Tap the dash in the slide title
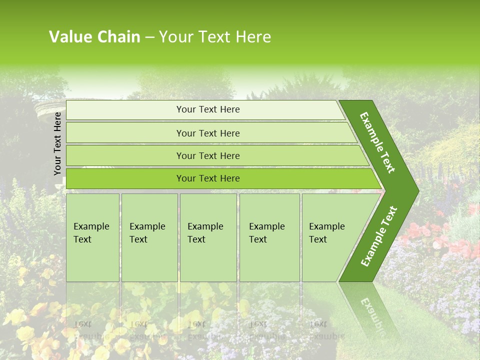[x=149, y=37]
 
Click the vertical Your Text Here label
[x=57, y=143]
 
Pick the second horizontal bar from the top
[x=208, y=133]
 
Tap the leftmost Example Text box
[x=92, y=237]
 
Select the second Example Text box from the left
[x=149, y=237]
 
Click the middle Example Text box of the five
[x=208, y=237]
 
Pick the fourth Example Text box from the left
[x=269, y=237]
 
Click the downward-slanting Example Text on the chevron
[x=377, y=142]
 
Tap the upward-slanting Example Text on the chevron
[x=378, y=236]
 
